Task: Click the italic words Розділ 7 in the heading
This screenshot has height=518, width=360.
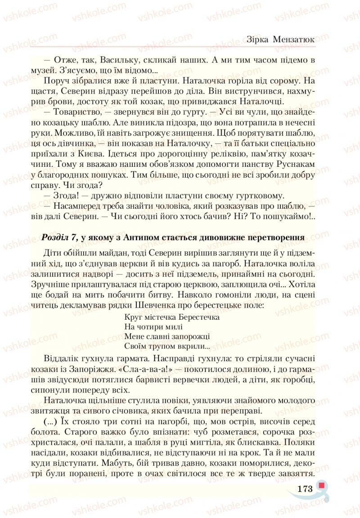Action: tap(60, 237)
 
